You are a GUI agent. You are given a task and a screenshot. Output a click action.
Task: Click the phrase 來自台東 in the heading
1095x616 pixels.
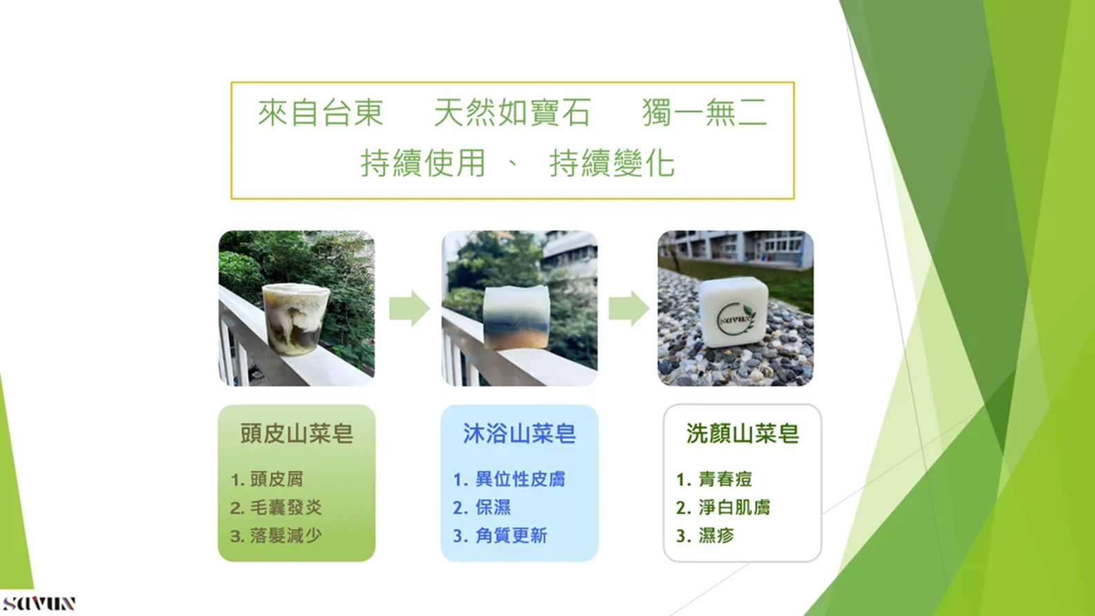coord(321,113)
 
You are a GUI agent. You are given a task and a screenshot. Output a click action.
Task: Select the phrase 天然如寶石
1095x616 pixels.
coord(513,113)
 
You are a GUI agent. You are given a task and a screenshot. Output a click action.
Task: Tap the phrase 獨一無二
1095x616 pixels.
coord(704,113)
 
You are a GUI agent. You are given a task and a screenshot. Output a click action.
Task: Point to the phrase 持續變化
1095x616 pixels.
coord(612,163)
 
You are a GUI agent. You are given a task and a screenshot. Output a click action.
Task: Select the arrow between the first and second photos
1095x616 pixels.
coord(409,308)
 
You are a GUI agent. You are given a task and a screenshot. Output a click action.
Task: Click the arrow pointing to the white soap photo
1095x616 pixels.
coord(628,308)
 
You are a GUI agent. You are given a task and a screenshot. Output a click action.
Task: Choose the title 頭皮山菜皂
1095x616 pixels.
coord(297,433)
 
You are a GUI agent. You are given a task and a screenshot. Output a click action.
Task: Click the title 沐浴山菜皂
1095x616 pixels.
coord(520,433)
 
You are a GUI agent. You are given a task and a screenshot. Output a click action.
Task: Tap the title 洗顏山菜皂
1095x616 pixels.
coord(742,433)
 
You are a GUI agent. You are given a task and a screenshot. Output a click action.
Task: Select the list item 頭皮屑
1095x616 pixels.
coord(277,479)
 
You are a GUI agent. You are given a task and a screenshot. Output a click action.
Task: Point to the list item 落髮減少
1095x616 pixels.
coord(286,536)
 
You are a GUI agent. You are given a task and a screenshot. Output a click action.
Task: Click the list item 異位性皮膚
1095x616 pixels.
coord(520,479)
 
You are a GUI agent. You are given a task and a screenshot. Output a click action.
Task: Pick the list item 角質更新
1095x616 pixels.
coord(512,536)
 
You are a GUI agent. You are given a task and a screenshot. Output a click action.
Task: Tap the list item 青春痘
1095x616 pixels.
coord(725,479)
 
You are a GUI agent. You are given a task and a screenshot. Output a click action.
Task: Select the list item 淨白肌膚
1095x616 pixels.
coord(734,507)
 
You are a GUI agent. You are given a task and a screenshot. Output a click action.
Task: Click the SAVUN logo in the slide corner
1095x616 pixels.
coord(39,603)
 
